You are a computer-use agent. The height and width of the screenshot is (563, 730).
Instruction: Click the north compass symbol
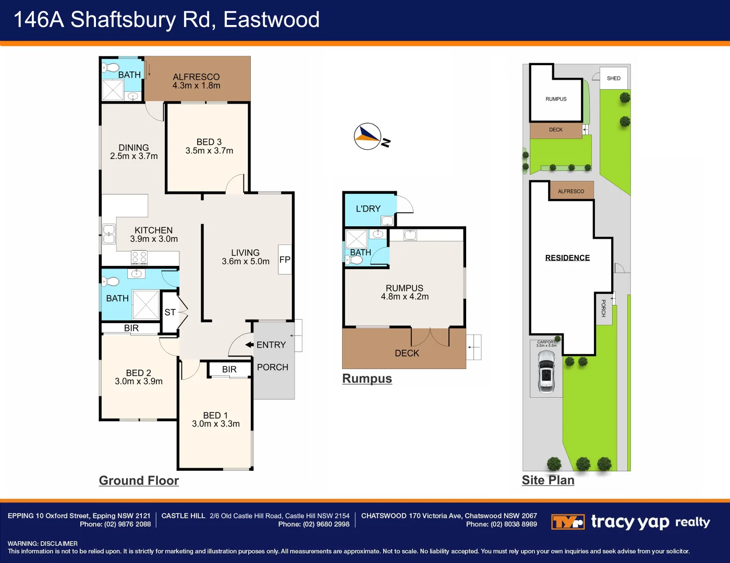[x=368, y=137]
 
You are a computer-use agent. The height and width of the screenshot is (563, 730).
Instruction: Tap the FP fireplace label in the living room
[x=285, y=260]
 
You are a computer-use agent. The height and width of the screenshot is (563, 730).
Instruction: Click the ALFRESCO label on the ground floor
[x=196, y=77]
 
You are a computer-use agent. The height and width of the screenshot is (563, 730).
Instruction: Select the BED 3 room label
[x=209, y=142]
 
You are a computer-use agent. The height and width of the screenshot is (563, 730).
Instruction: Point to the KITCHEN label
[x=153, y=230]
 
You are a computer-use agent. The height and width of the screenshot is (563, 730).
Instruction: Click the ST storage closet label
[x=170, y=312]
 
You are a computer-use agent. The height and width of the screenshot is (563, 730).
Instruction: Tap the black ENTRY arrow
[x=249, y=345]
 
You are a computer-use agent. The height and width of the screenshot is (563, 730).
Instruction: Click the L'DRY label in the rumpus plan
[x=368, y=209]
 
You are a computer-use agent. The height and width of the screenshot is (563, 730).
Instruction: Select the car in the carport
[x=546, y=371]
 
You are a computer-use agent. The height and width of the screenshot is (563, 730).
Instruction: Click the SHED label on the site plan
[x=614, y=78]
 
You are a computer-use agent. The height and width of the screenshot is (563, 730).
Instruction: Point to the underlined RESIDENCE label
[x=567, y=258]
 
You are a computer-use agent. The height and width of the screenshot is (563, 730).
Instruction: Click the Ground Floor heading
[x=139, y=481]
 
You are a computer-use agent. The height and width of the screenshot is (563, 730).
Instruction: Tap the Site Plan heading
[x=548, y=480]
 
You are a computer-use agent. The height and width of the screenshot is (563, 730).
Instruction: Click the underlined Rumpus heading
[x=367, y=378]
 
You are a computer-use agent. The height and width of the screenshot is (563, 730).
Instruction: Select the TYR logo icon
[x=567, y=522]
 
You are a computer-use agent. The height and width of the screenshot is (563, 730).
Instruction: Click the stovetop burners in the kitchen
[x=139, y=257]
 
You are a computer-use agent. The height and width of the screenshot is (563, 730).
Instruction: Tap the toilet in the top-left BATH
[x=111, y=67]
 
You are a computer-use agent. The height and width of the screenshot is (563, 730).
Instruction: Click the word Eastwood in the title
[x=271, y=20]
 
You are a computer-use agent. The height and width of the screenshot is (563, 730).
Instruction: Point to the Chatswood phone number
[x=514, y=524]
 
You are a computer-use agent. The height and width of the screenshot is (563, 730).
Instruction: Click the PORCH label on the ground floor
[x=273, y=367]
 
